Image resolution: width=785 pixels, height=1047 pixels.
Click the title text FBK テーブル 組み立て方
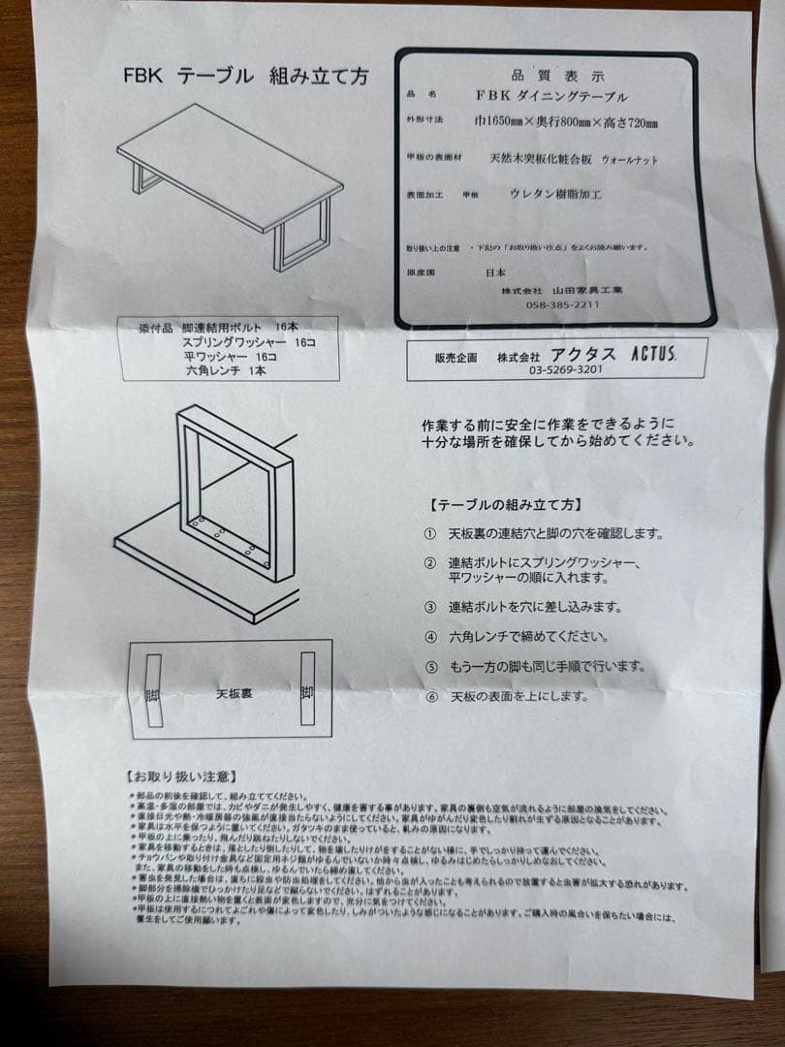(245, 78)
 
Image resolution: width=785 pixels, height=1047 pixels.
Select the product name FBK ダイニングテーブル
(551, 97)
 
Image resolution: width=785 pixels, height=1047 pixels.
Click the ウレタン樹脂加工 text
(555, 193)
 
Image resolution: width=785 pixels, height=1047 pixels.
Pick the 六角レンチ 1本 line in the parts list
(226, 369)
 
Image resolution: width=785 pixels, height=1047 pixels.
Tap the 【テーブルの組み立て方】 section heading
(504, 505)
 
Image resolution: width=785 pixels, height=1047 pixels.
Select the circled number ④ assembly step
(430, 637)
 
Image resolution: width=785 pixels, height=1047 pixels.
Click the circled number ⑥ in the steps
(430, 696)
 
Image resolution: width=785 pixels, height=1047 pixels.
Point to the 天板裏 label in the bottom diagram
(235, 694)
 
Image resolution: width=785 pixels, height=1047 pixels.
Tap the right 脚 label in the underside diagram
(307, 691)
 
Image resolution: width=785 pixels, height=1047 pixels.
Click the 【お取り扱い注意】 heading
(179, 776)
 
